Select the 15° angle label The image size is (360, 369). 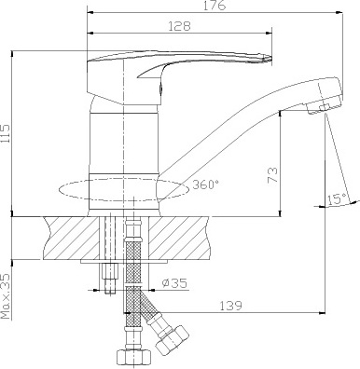pos(336,198)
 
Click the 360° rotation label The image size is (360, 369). pos(206,184)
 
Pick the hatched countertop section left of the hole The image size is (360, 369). pos(70,238)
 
